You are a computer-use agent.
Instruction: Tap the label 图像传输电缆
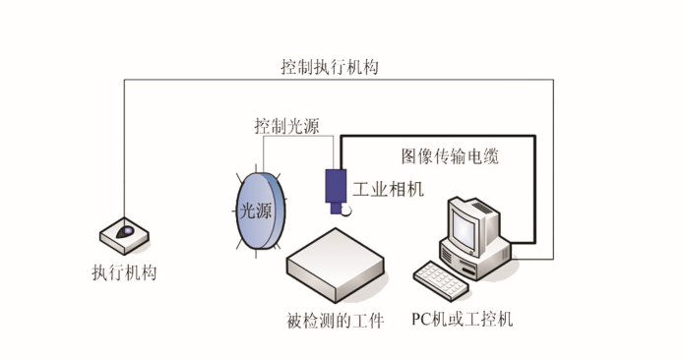[450, 155]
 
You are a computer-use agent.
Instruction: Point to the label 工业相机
[388, 189]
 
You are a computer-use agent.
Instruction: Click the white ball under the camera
[345, 210]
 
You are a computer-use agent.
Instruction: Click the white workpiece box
[335, 261]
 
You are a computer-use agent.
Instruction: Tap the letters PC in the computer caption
[421, 320]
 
